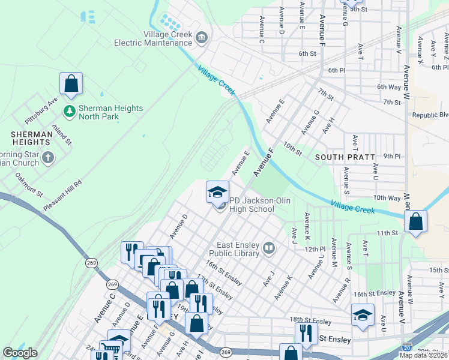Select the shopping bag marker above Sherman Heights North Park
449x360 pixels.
[71, 85]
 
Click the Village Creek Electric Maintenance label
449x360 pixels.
[156, 38]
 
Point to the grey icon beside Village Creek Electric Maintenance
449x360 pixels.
[201, 38]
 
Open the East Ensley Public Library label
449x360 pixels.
[238, 248]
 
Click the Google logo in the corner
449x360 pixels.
[20, 353]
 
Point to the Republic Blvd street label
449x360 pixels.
[430, 115]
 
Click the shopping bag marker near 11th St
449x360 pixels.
[415, 222]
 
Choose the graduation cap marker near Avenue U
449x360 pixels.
[363, 316]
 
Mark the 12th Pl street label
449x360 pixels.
[315, 249]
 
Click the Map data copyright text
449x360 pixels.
[423, 355]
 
